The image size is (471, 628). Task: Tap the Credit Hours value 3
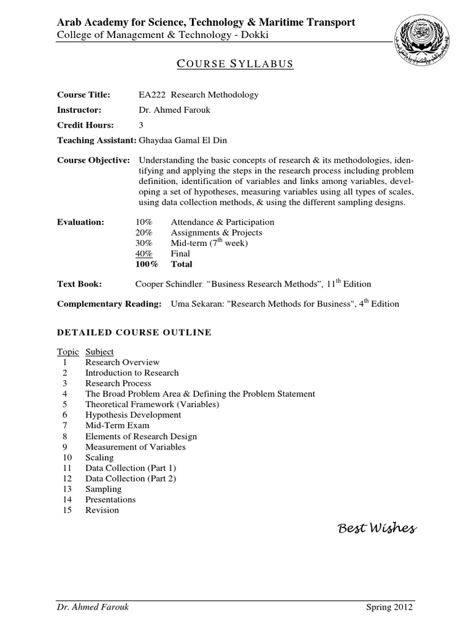click(x=142, y=125)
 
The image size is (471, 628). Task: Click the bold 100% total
click(x=146, y=264)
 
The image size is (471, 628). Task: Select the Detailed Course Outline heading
click(x=134, y=332)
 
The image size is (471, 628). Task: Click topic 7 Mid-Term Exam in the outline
click(x=117, y=425)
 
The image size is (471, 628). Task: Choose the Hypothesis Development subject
click(x=133, y=415)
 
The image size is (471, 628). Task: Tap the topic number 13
click(x=67, y=489)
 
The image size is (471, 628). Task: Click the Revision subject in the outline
click(x=102, y=510)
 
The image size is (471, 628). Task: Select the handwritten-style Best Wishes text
click(x=377, y=527)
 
